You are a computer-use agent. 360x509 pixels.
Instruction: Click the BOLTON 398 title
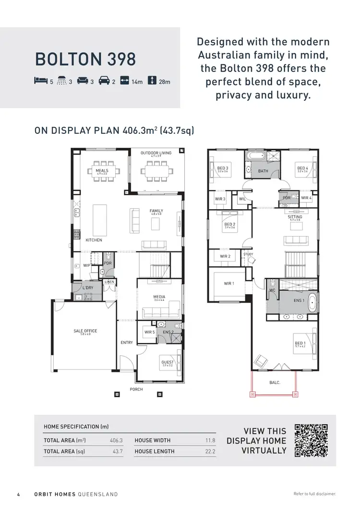[85, 59]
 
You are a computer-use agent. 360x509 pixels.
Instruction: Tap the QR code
[311, 440]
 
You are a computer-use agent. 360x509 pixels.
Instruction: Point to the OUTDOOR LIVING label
[156, 154]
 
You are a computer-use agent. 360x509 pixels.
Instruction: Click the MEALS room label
[102, 171]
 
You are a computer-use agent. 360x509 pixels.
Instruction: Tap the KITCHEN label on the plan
[94, 240]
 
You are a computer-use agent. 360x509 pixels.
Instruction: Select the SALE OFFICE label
[85, 331]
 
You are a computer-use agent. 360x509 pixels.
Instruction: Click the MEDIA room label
[159, 297]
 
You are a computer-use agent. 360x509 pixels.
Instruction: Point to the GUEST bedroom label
[168, 362]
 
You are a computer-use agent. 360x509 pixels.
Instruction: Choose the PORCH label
[136, 389]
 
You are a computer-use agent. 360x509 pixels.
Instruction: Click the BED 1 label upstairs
[300, 343]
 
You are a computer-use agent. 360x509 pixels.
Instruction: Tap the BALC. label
[275, 382]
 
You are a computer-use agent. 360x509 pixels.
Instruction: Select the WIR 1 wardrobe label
[229, 284]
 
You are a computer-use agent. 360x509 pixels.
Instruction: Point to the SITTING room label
[295, 217]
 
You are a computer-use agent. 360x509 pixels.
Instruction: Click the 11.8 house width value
[210, 440]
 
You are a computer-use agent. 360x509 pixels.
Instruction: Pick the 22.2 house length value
[210, 451]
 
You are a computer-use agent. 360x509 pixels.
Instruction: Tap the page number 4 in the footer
[18, 494]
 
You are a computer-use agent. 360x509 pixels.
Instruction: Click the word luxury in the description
[288, 95]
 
